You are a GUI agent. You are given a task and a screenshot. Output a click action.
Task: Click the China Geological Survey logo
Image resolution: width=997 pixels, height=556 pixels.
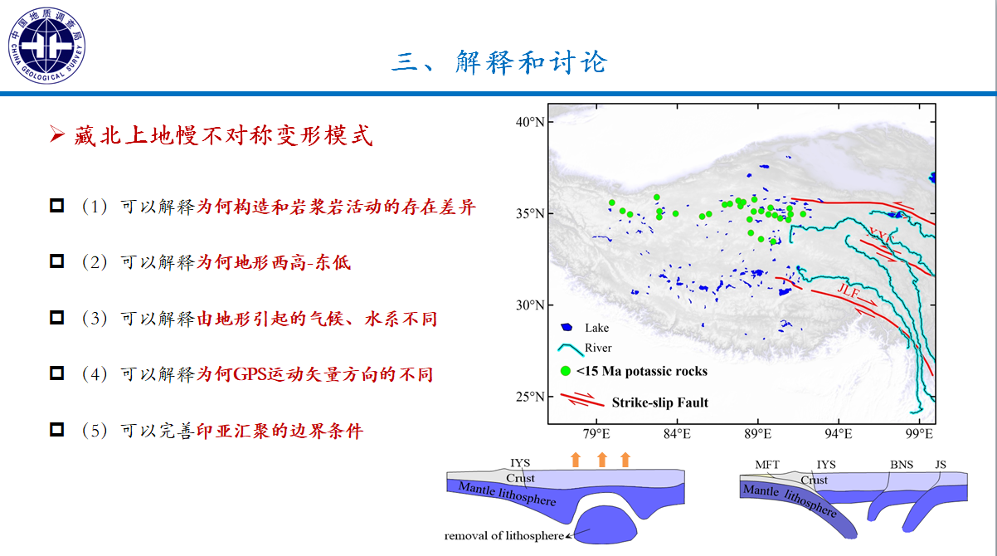(x=46, y=46)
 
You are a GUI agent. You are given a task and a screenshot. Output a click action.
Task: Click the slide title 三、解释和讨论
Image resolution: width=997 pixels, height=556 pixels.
(x=499, y=62)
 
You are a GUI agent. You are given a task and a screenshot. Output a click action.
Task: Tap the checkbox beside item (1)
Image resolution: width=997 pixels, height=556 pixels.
(x=56, y=206)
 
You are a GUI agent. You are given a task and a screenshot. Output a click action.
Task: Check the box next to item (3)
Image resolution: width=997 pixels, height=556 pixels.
(x=56, y=318)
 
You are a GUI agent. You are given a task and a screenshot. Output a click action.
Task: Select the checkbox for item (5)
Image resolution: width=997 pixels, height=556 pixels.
(x=56, y=430)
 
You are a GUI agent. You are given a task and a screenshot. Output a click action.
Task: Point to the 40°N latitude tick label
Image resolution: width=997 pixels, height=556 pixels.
(x=530, y=122)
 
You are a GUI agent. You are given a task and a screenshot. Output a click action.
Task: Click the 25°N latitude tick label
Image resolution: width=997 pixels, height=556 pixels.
(x=530, y=397)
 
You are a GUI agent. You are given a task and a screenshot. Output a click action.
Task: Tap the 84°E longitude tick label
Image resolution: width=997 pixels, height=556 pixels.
(x=677, y=434)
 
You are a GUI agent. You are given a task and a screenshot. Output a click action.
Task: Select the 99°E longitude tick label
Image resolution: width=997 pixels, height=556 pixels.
(x=919, y=434)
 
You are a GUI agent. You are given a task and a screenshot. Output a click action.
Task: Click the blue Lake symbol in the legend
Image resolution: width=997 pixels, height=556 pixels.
(x=567, y=328)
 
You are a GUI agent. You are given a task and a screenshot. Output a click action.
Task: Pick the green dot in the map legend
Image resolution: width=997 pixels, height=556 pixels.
(x=565, y=371)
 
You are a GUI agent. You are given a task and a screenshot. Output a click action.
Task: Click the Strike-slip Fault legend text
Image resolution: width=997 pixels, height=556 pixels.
(x=660, y=402)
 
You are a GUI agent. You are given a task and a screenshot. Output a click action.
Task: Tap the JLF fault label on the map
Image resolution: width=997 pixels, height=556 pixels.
(x=849, y=290)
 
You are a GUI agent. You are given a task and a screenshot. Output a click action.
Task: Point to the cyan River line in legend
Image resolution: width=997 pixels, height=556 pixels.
(x=571, y=349)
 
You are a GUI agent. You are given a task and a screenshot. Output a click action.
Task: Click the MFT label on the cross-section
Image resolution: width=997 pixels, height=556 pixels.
(x=767, y=465)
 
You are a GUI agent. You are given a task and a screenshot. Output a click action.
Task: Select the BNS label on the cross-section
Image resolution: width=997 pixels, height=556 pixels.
(x=902, y=465)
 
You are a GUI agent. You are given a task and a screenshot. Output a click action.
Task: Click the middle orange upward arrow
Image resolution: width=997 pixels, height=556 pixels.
(x=602, y=460)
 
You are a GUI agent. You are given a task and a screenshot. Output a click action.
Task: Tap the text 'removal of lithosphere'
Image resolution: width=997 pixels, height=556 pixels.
(x=503, y=535)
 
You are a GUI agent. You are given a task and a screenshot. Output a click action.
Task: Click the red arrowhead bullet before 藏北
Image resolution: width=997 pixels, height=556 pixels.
(x=57, y=134)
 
